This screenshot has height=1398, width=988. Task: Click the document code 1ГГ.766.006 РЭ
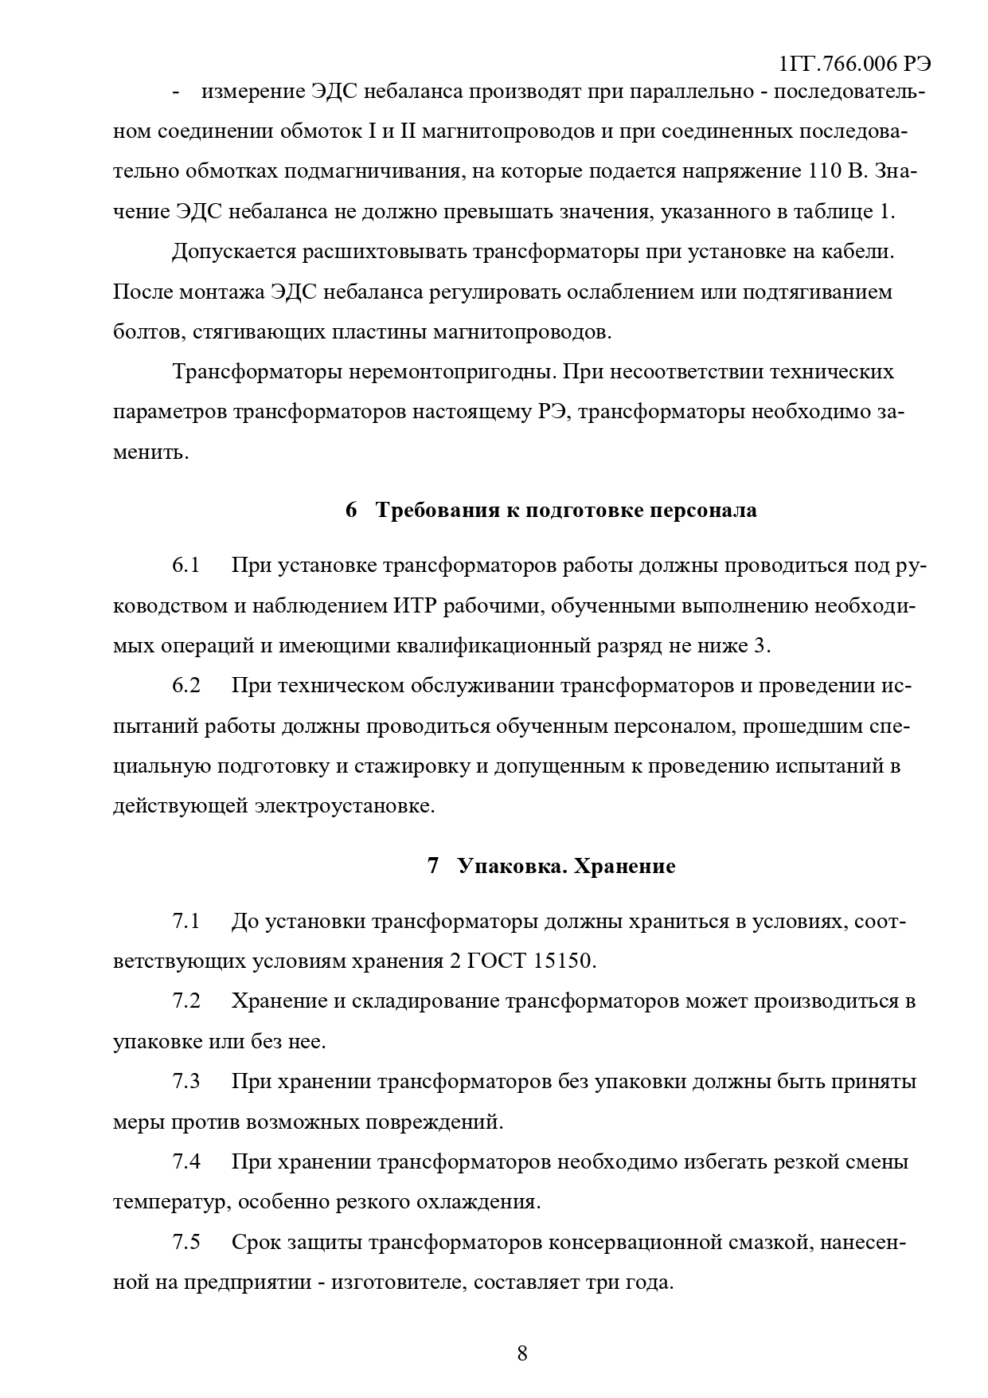click(855, 64)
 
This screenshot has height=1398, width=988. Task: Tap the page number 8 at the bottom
click(522, 1353)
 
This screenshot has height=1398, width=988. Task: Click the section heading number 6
click(351, 510)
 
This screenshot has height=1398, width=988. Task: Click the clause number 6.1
click(185, 566)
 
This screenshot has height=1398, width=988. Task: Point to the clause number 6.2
click(185, 685)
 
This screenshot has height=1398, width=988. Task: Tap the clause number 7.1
click(185, 922)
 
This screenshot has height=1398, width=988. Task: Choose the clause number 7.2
click(185, 1001)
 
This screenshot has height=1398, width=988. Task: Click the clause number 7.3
click(185, 1082)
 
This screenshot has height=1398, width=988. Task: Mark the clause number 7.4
click(185, 1161)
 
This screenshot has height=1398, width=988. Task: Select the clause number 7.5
click(185, 1242)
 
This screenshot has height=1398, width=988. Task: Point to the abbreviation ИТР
click(415, 605)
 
